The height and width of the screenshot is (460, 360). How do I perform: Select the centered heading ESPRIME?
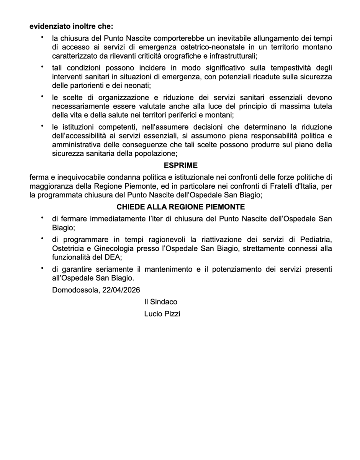181,166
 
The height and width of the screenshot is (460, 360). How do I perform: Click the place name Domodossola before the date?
76,290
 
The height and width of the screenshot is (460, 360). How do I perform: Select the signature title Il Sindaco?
161,302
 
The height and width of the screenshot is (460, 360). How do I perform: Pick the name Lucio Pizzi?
162,314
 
